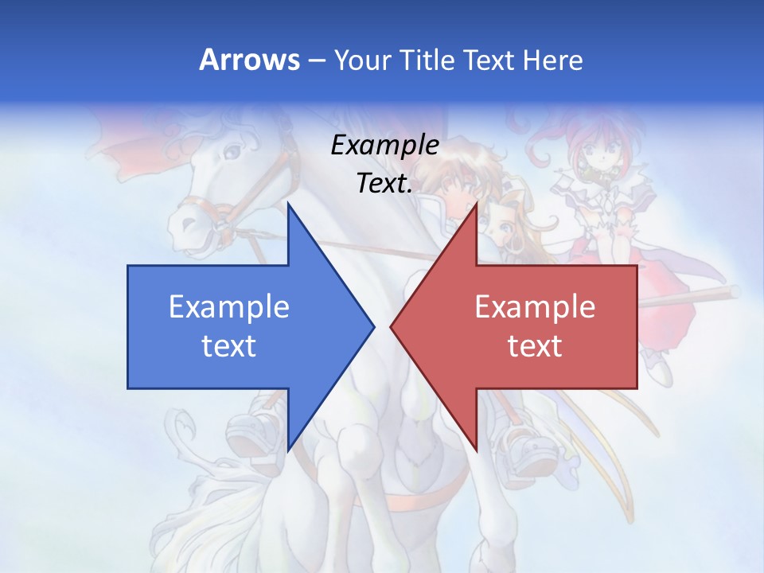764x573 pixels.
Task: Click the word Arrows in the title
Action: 249,60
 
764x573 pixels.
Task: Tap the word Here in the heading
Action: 552,60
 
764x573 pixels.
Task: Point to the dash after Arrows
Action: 316,60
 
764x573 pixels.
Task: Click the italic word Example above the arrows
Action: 384,146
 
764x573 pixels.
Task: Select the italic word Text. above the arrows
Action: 384,184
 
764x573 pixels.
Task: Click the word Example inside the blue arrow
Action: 228,306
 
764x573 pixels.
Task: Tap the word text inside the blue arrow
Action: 228,346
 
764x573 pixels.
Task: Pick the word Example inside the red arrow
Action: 535,306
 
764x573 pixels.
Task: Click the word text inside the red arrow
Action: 535,346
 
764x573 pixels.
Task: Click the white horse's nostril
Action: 185,216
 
